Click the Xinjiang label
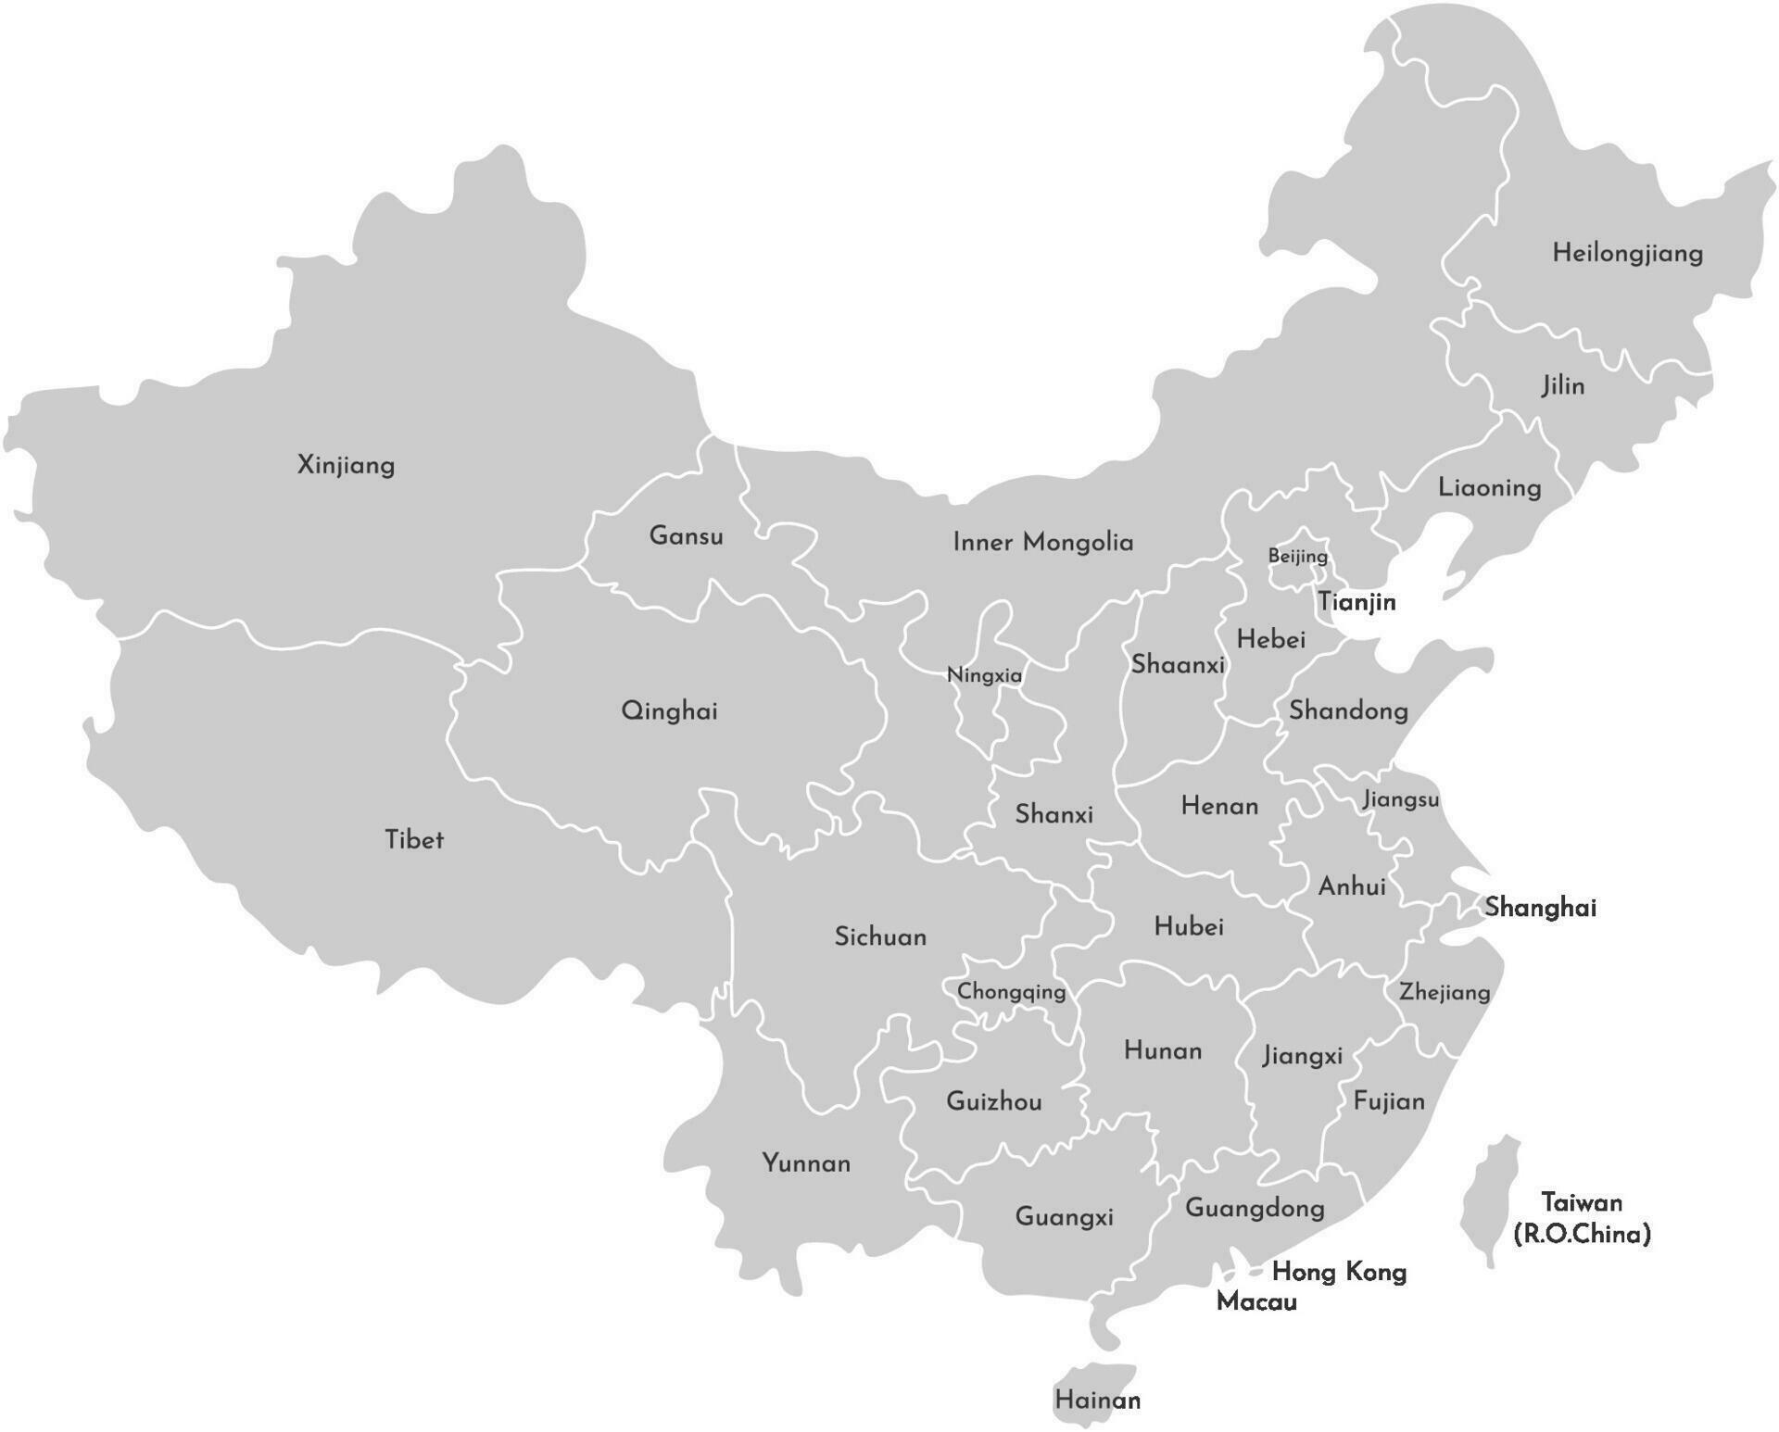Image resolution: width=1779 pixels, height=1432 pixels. click(346, 464)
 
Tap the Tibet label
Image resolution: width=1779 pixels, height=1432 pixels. click(413, 839)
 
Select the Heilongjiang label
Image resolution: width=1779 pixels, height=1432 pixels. click(1627, 253)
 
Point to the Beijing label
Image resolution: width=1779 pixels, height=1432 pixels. click(1297, 556)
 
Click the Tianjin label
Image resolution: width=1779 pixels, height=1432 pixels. click(1356, 602)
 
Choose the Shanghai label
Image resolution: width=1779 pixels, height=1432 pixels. click(1540, 907)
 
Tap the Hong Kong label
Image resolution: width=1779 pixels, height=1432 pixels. click(1339, 1272)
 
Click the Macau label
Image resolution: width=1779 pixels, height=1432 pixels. click(1255, 1301)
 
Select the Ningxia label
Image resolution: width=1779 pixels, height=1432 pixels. click(984, 675)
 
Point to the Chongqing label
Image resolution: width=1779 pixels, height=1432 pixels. click(1011, 992)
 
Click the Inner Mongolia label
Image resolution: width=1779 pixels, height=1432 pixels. click(1042, 542)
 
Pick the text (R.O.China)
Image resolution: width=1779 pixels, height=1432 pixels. click(1582, 1234)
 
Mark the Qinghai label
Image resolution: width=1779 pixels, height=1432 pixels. click(669, 711)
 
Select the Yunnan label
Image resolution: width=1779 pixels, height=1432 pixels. click(806, 1162)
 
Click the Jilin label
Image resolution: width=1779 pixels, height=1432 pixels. click(1562, 385)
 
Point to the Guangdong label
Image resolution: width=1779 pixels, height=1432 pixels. click(1255, 1208)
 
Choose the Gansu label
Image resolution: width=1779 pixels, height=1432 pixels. click(686, 535)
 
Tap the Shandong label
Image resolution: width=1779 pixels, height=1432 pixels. click(1348, 710)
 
